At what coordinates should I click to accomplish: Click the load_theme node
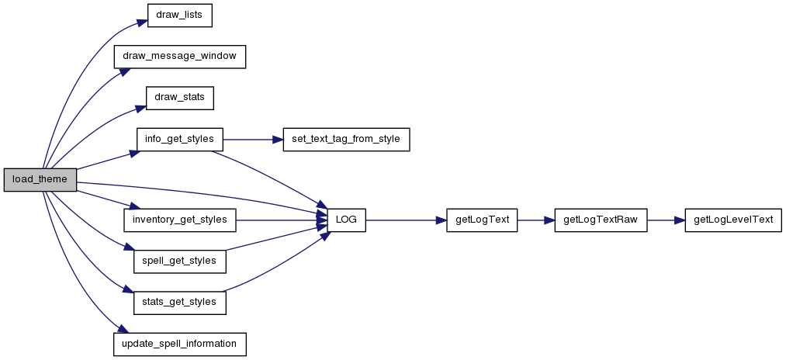tap(40, 180)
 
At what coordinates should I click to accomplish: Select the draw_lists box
tap(179, 15)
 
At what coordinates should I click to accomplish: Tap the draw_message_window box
tap(179, 57)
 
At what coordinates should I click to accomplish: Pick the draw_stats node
tap(180, 98)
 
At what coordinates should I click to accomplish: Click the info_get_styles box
tap(179, 139)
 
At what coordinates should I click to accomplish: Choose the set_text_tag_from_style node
tap(346, 139)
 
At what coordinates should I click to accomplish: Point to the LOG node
tap(346, 220)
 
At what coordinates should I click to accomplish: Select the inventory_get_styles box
tap(180, 220)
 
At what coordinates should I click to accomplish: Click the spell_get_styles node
tap(179, 261)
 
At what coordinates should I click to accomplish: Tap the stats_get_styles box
tap(179, 303)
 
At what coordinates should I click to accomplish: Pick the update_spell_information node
tap(179, 344)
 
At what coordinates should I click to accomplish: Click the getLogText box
tap(482, 220)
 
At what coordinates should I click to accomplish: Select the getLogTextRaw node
tap(601, 220)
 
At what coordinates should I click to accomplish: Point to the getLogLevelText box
tap(733, 220)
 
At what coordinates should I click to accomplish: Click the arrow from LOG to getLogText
tap(406, 220)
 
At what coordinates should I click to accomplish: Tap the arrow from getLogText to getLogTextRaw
tap(536, 220)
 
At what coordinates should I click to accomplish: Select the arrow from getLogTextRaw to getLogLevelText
tap(667, 220)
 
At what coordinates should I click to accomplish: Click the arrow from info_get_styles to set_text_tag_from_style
tap(253, 139)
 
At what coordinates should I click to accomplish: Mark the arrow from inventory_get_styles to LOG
tap(281, 220)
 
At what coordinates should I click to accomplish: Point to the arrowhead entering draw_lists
tap(141, 22)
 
